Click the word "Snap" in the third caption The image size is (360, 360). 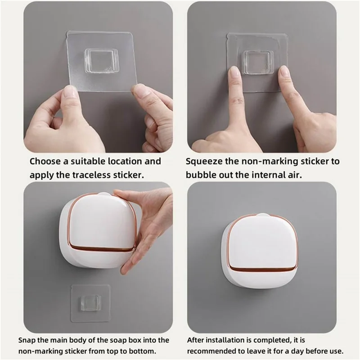pos(27,340)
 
